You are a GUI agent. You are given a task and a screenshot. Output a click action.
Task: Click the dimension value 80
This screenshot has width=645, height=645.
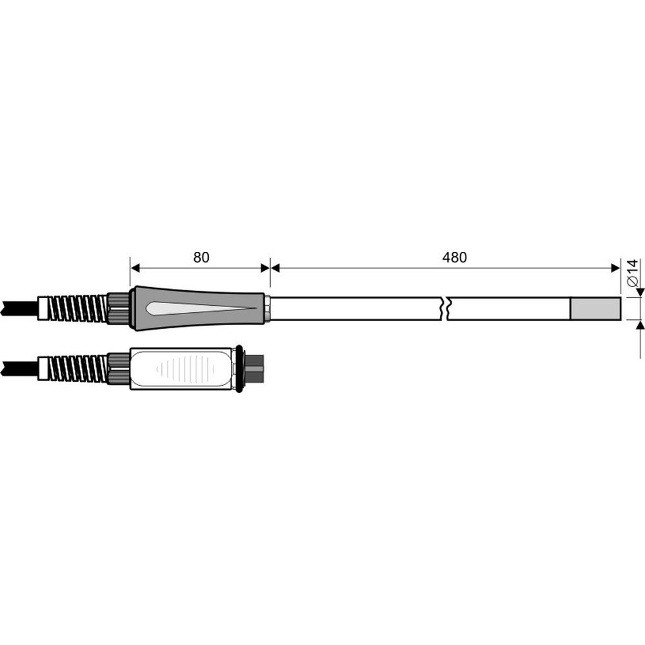point(201,257)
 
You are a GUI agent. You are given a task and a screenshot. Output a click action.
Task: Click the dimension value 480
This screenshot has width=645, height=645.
point(454,257)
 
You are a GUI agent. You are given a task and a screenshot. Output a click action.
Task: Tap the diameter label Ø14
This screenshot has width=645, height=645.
point(633,273)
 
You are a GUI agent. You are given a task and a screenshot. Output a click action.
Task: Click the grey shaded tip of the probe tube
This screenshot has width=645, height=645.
point(595,308)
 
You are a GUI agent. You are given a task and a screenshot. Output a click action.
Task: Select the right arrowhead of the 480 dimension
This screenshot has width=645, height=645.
point(615,268)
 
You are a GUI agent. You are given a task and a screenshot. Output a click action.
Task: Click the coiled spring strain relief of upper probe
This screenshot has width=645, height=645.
point(77,308)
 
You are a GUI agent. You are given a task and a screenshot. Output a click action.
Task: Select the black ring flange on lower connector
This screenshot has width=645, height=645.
point(240,368)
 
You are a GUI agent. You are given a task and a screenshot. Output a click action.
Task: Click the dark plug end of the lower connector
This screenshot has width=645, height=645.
point(256,368)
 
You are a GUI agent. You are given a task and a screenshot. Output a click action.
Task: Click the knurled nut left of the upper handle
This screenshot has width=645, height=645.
point(118,308)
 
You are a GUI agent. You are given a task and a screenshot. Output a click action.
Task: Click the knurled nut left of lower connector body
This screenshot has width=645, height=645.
point(118,369)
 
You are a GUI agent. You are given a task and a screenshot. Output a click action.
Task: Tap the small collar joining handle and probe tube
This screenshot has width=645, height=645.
point(266,308)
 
